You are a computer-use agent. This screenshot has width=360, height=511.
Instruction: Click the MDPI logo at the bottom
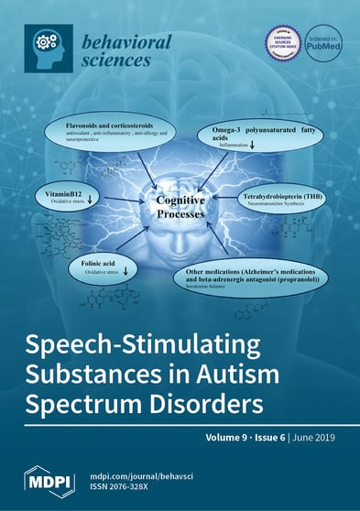click(x=48, y=481)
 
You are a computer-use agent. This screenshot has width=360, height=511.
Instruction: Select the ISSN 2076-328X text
click(x=129, y=489)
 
